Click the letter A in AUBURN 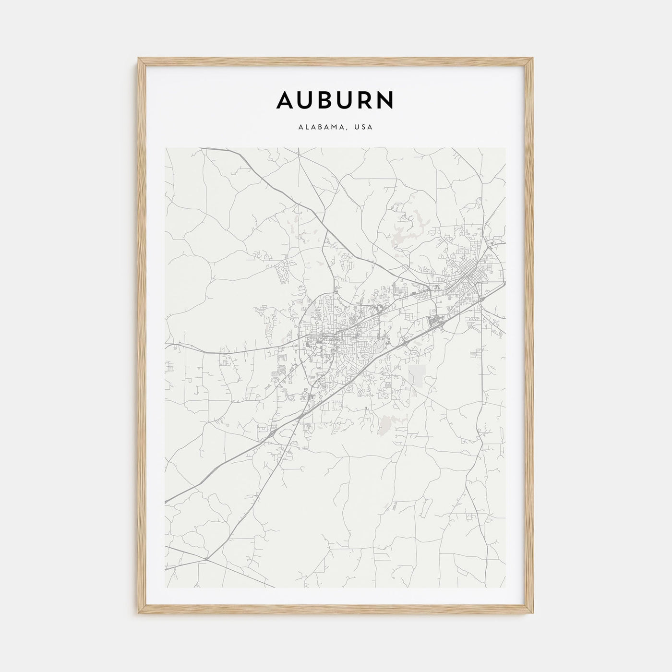tap(287, 100)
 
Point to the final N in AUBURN tap(385, 100)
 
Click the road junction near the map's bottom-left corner tap(205, 559)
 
